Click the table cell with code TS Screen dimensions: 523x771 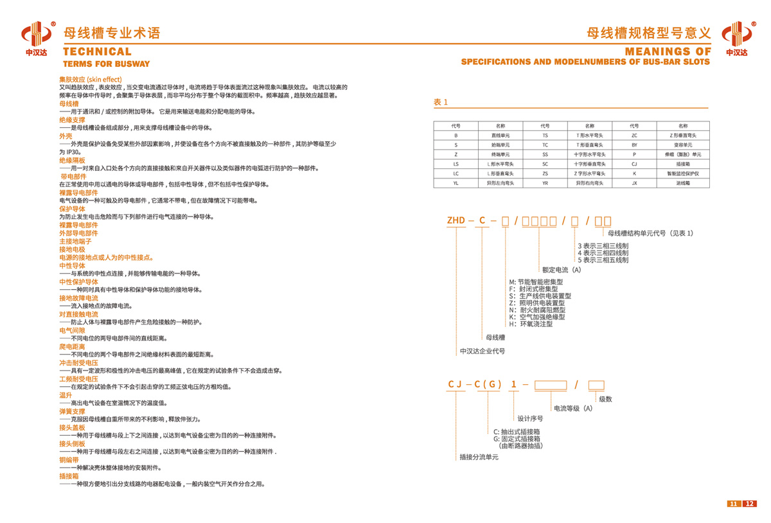pos(545,136)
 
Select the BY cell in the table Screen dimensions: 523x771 pos(634,145)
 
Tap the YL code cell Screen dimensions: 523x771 pos(456,183)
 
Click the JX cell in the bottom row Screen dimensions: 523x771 pos(634,183)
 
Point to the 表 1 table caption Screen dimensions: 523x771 pos(440,102)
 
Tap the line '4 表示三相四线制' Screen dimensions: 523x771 pos(603,253)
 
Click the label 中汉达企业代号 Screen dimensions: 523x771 pos(483,351)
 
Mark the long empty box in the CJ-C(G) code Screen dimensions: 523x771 pos(551,386)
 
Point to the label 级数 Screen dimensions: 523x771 pos(605,399)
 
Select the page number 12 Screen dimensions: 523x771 pos(750,503)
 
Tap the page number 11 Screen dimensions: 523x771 pos(734,503)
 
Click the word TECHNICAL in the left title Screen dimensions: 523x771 pos(97,52)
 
